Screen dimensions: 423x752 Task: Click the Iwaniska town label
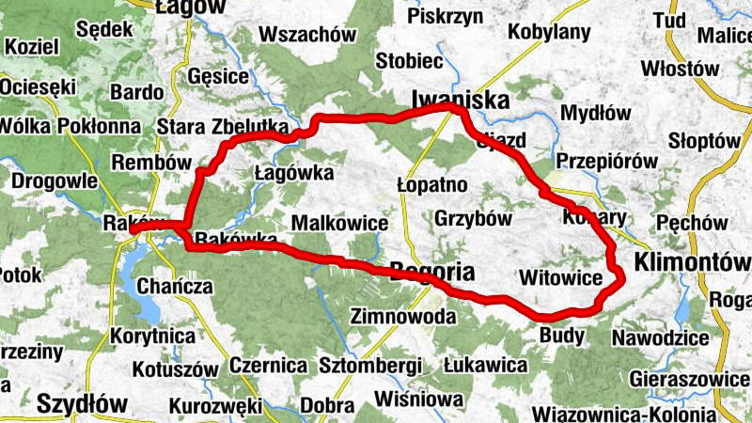click(x=461, y=101)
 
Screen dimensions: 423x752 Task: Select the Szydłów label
click(x=82, y=404)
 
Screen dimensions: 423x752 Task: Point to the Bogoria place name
click(x=431, y=270)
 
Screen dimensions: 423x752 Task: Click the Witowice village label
click(x=559, y=278)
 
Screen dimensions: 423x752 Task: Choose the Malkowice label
click(x=340, y=223)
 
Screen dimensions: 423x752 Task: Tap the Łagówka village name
click(x=295, y=173)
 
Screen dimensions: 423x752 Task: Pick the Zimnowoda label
click(x=402, y=317)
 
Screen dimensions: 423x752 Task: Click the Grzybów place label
click(x=473, y=219)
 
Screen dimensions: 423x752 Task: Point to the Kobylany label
click(x=549, y=31)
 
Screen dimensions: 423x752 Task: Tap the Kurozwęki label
click(x=215, y=406)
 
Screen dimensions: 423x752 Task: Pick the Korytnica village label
click(x=151, y=335)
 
